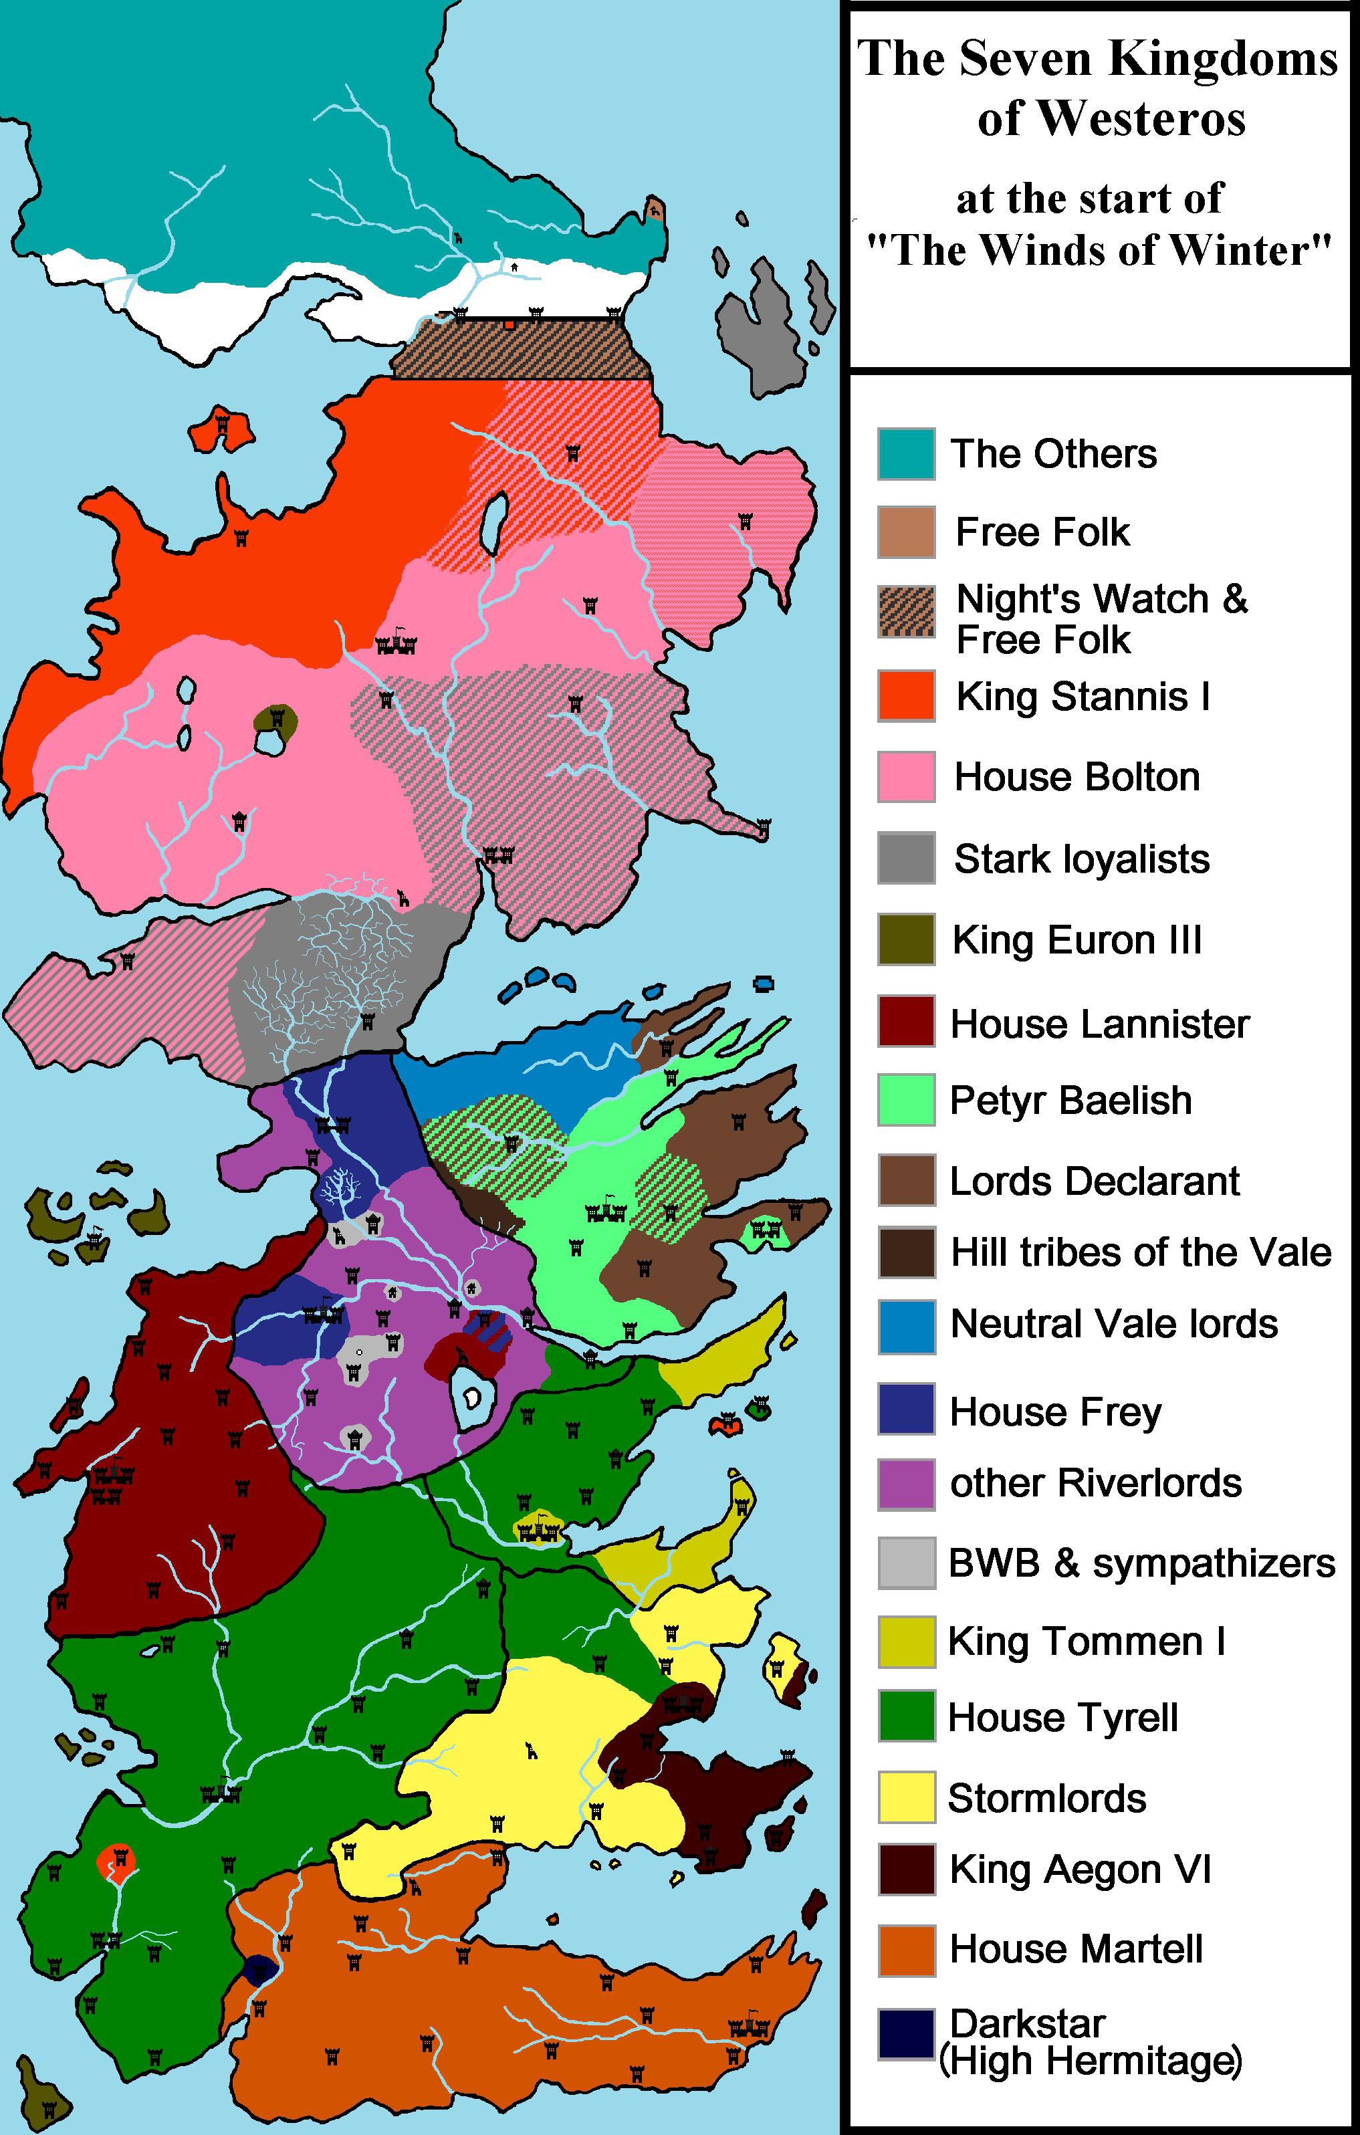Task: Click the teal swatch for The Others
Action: (x=906, y=454)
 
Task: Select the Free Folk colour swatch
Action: (x=906, y=532)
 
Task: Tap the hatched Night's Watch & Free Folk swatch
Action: (x=906, y=612)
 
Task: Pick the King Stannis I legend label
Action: (x=1083, y=697)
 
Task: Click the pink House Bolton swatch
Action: (x=906, y=777)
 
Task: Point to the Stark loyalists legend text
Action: (x=1082, y=859)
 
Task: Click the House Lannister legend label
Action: (x=1099, y=1024)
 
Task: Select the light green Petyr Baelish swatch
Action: (x=906, y=1099)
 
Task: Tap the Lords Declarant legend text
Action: (x=1094, y=1181)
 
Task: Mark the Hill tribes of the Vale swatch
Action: (x=906, y=1252)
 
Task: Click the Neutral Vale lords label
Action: (x=1113, y=1324)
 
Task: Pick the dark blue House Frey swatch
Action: (x=906, y=1409)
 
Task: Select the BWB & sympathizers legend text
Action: (x=1141, y=1563)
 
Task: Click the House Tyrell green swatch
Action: (x=906, y=1716)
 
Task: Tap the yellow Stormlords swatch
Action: (x=906, y=1797)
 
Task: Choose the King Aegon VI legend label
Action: (x=1080, y=1870)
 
